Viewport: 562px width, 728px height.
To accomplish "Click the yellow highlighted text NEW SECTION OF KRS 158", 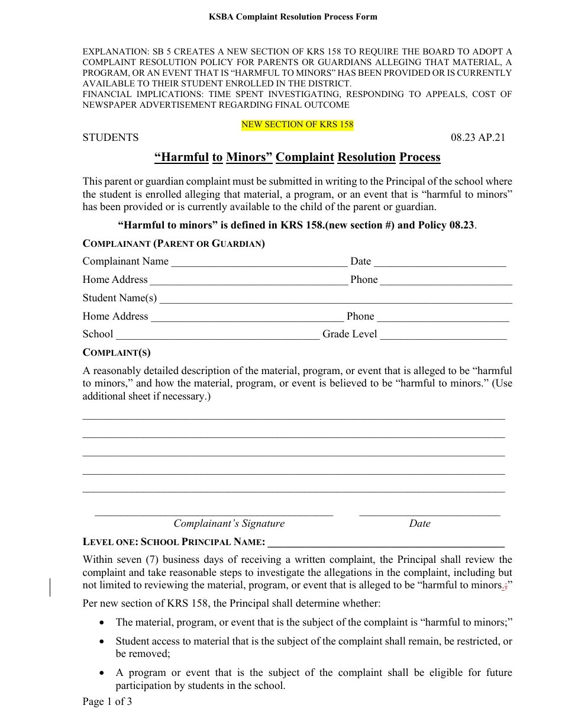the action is [297, 125].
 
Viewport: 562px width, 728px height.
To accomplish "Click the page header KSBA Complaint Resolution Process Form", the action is [293, 17].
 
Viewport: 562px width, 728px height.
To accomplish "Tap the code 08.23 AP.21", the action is [478, 137].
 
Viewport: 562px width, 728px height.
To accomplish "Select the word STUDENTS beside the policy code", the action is [111, 137].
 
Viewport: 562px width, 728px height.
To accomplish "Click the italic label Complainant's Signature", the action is [229, 523].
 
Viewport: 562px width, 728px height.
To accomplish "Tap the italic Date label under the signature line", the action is [419, 523].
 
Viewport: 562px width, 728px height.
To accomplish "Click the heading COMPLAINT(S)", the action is [117, 353].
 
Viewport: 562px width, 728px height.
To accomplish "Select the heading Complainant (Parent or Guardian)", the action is [173, 243].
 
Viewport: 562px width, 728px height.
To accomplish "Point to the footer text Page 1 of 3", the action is [107, 702].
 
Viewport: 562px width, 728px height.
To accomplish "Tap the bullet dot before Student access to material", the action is [103, 641].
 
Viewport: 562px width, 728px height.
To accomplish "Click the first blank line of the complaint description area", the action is [293, 418].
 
